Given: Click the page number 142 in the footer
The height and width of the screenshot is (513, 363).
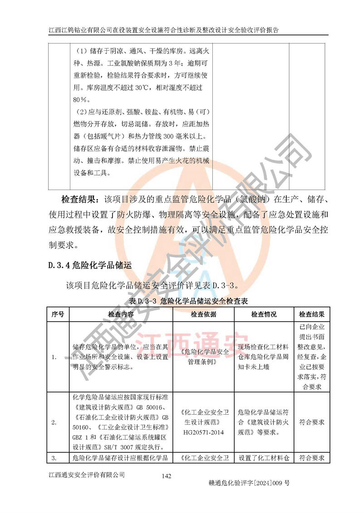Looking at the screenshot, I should click(x=166, y=476).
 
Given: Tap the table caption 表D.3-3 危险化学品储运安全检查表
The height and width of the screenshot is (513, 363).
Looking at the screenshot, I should click(x=188, y=301).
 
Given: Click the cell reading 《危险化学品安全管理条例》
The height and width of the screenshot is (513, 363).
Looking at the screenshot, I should click(x=203, y=357).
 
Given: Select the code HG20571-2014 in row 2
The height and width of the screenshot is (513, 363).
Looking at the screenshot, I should click(x=203, y=432).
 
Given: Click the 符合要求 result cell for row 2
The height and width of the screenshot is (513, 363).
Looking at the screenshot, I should click(x=312, y=422).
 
